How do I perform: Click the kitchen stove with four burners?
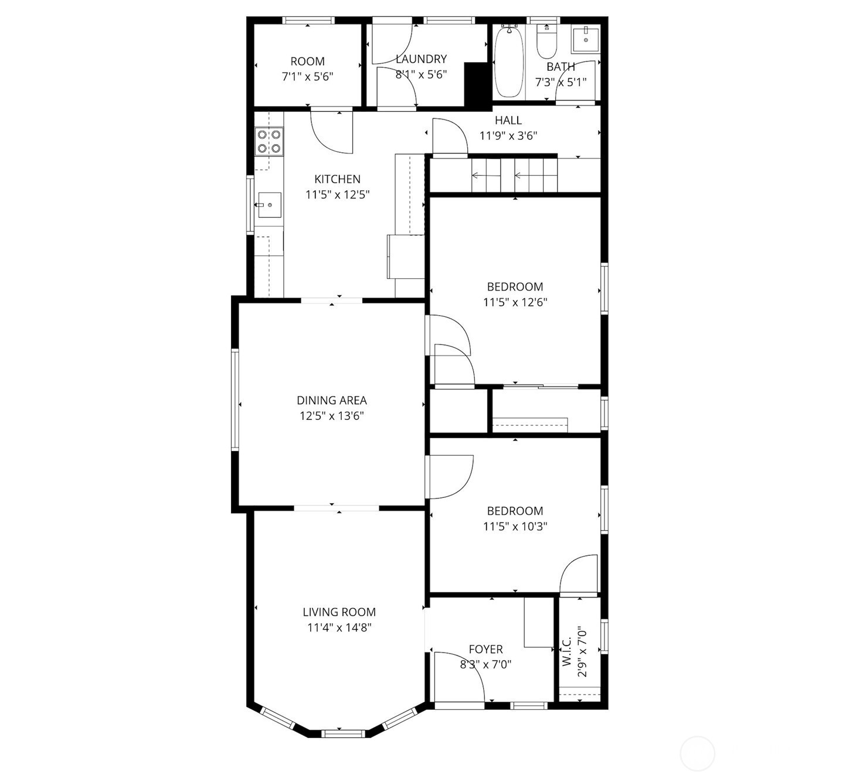[x=269, y=141]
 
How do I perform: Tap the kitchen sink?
[x=270, y=205]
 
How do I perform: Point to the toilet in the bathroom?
[x=546, y=41]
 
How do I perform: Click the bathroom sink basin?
[x=586, y=40]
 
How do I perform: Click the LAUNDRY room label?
[x=421, y=59]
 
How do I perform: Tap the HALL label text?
[x=508, y=120]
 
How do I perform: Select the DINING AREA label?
[x=331, y=400]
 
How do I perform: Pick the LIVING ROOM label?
[x=339, y=612]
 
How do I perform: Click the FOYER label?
[x=485, y=649]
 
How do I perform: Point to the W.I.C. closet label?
[x=566, y=652]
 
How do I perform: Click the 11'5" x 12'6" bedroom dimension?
[x=515, y=302]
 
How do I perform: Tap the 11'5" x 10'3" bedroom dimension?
[x=515, y=527]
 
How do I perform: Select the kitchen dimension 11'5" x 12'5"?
[x=337, y=194]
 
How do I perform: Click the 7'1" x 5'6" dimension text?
[x=307, y=77]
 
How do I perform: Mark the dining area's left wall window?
[x=235, y=399]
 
